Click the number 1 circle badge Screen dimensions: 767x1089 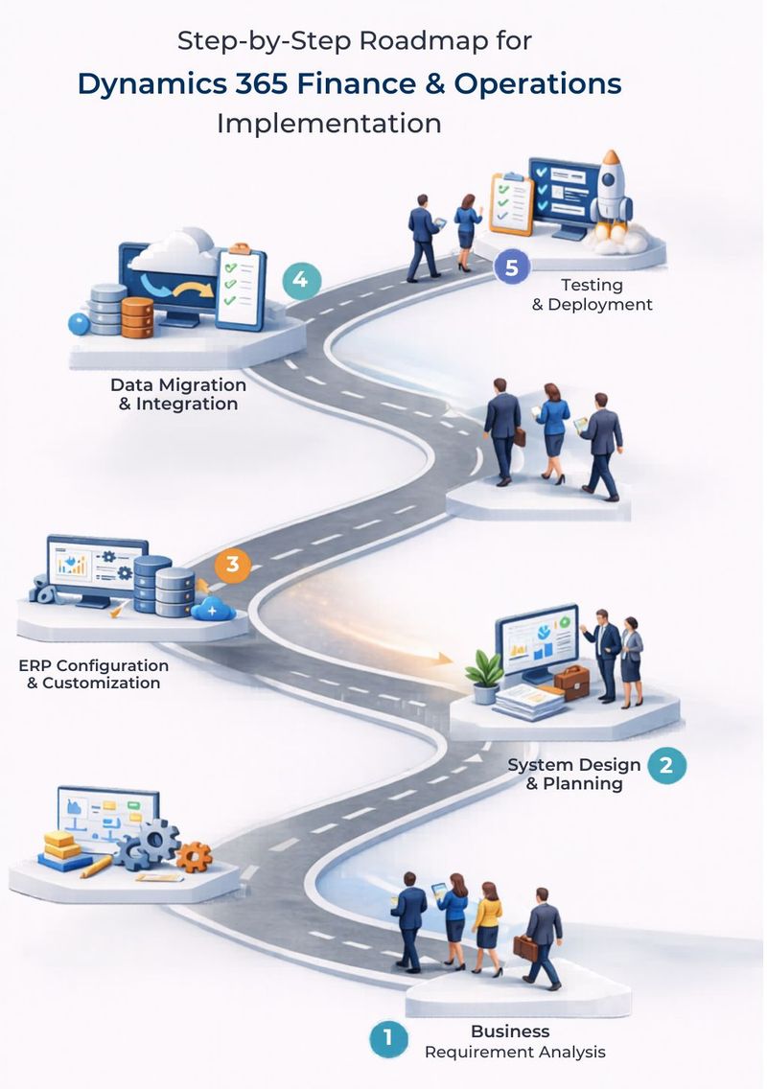tap(387, 1037)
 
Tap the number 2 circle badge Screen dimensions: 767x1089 tap(666, 765)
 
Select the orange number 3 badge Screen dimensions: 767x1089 tap(232, 564)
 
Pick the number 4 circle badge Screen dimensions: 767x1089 tap(301, 280)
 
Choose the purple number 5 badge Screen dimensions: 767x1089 tap(512, 267)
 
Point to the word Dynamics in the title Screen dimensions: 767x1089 tap(152, 84)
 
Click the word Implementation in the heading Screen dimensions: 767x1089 tap(329, 124)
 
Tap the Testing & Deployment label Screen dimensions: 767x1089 tap(592, 294)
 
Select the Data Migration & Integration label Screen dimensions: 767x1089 tap(178, 394)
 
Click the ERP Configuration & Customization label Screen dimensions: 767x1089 tap(94, 674)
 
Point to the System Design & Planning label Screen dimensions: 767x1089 tap(574, 774)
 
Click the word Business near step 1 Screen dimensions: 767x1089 tap(510, 1031)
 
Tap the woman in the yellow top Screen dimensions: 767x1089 tap(487, 926)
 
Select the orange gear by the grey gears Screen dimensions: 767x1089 tap(194, 856)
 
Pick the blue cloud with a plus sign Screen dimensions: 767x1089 tap(213, 609)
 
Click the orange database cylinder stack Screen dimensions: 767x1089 tap(137, 317)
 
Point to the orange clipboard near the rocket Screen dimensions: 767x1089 tap(511, 203)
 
